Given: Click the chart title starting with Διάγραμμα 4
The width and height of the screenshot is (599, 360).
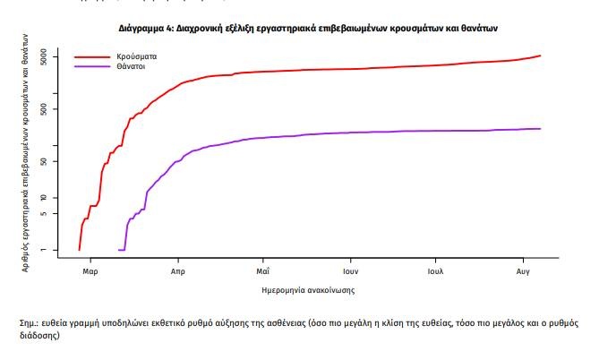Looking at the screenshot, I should tap(308, 29).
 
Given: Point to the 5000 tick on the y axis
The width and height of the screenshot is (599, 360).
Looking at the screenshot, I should tap(50, 57).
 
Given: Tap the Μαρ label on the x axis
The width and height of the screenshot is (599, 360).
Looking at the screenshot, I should tap(89, 270).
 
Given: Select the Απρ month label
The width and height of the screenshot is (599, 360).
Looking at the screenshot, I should tap(176, 270).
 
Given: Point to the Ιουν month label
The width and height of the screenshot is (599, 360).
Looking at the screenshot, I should tap(350, 270).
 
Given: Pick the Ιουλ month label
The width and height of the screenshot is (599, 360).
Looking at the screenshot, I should tap(436, 270).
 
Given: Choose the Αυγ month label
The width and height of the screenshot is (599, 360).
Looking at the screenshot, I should tap(524, 270).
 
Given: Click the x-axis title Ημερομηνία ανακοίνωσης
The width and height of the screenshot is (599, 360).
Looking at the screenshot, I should tap(306, 290).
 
